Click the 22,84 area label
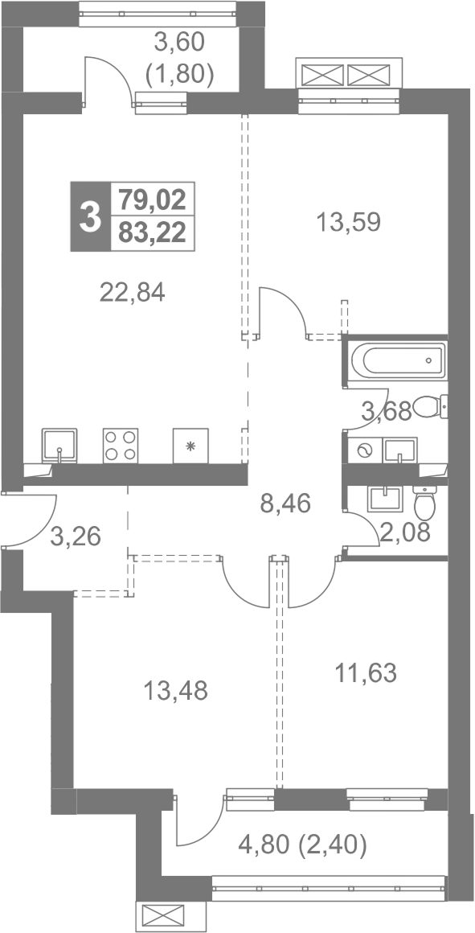point(133,292)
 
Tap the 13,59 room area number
point(348,223)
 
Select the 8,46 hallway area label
point(285,504)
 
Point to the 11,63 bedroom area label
point(365,674)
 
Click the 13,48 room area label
point(175,691)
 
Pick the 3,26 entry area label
point(76,536)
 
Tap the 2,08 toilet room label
point(405,530)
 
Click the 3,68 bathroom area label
point(387,411)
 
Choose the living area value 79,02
point(152,199)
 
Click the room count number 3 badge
point(90,216)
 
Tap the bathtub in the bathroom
point(397,360)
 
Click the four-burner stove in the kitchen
point(121,446)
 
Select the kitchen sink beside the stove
point(59,446)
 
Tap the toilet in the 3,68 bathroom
point(431,407)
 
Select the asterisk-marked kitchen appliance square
point(190,446)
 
